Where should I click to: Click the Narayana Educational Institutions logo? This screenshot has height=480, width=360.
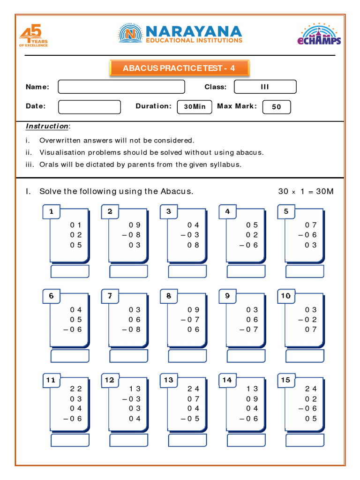tap(180, 34)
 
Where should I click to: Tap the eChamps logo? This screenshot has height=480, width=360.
tap(319, 35)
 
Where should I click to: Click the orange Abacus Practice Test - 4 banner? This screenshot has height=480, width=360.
tap(179, 68)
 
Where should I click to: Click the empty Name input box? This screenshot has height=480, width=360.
tap(121, 87)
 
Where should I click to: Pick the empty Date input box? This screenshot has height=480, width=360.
tap(89, 107)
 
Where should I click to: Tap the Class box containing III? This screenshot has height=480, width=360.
tap(265, 87)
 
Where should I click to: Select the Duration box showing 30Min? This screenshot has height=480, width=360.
tap(195, 107)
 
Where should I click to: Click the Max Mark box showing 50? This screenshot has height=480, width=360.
tap(277, 107)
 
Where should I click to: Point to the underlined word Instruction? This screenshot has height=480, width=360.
tap(47, 126)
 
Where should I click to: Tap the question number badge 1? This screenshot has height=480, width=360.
tap(51, 212)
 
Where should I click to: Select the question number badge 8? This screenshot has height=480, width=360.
tap(169, 296)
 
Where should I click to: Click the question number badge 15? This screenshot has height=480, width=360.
tap(286, 380)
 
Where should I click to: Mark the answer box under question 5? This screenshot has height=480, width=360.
tap(305, 271)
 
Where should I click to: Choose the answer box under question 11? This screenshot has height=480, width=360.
tap(70, 441)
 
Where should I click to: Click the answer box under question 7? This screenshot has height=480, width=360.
tap(128, 356)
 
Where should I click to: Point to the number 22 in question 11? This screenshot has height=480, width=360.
tap(76, 389)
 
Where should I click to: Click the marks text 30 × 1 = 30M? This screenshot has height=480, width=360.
tap(306, 191)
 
